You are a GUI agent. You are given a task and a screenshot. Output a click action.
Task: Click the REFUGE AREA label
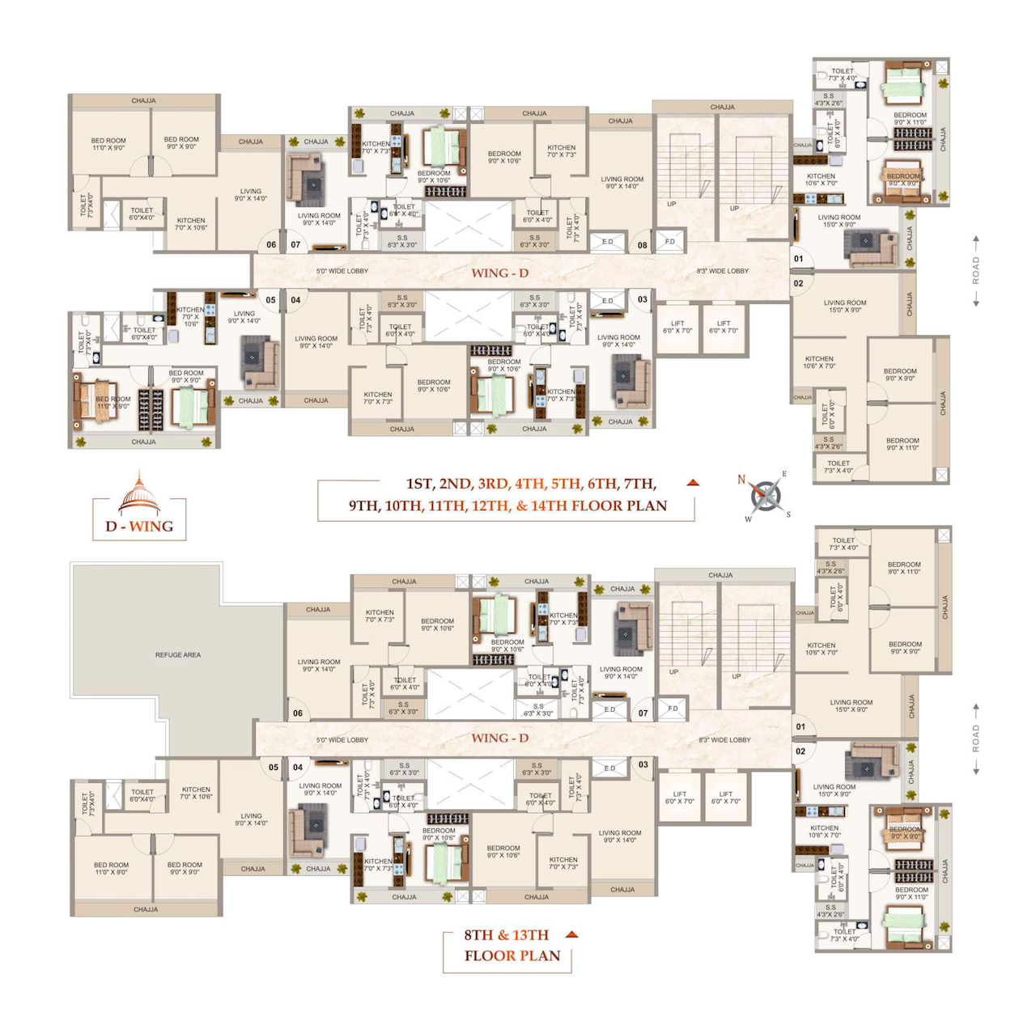click(x=178, y=654)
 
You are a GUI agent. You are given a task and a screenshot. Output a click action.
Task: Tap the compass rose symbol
click(x=766, y=496)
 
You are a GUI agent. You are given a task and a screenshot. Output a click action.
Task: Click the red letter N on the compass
click(x=741, y=480)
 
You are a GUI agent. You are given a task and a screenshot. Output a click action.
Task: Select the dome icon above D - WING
click(x=139, y=494)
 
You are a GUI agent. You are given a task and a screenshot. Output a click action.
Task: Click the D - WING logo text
click(x=139, y=527)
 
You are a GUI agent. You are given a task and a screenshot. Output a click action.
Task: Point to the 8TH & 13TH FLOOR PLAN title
click(x=512, y=945)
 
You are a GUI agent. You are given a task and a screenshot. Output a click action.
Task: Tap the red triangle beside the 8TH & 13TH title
click(x=571, y=934)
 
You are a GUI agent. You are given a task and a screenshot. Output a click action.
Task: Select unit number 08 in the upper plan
click(x=642, y=245)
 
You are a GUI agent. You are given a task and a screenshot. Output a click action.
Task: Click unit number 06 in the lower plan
click(x=298, y=713)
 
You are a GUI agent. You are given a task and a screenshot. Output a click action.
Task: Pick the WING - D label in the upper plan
click(x=499, y=273)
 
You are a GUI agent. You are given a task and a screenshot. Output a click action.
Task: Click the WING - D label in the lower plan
click(x=499, y=738)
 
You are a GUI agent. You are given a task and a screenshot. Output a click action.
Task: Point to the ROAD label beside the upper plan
click(x=976, y=270)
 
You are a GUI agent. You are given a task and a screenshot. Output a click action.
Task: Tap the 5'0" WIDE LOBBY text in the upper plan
click(x=342, y=271)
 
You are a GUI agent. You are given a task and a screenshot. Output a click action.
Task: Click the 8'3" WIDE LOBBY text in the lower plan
click(x=724, y=739)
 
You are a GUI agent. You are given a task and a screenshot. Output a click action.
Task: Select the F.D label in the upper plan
click(x=670, y=241)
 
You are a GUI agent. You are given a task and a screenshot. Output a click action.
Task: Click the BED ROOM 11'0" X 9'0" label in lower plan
click(x=111, y=868)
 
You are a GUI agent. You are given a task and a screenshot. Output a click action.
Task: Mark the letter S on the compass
click(x=788, y=514)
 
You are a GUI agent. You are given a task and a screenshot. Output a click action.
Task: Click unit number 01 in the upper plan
click(x=799, y=259)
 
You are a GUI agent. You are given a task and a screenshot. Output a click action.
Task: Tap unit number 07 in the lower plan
click(x=643, y=713)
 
